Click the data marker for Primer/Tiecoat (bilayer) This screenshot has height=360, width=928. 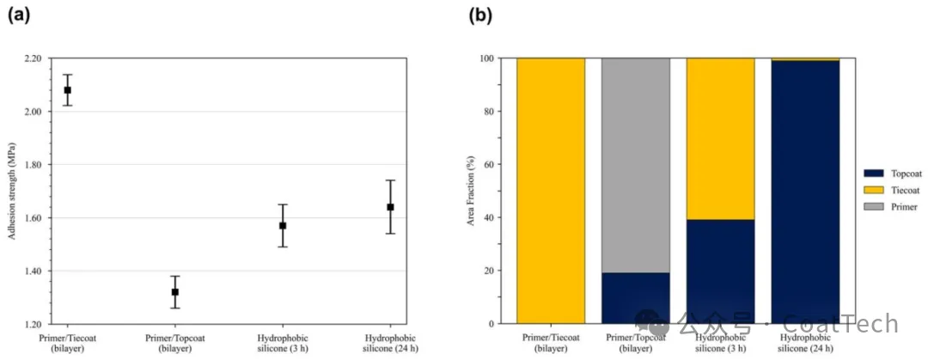coord(68,90)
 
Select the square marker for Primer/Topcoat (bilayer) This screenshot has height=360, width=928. coord(175,292)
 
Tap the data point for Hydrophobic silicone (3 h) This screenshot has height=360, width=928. coord(283,226)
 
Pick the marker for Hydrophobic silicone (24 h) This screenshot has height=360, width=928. coord(390,207)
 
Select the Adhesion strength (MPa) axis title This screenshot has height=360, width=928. coord(11,190)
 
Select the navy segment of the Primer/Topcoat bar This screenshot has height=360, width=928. coord(636,298)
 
